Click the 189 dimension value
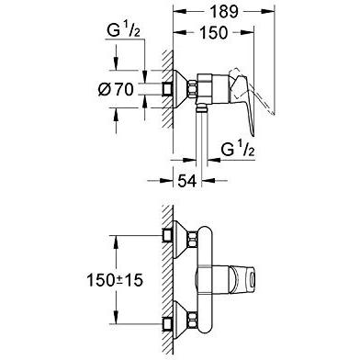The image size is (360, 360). pos(224,12)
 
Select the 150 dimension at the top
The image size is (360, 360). pos(213,32)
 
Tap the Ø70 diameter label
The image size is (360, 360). pos(116,90)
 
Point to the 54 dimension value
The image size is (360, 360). pos(186,181)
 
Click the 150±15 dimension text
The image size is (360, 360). pos(115,280)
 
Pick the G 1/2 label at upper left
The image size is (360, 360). pos(124,30)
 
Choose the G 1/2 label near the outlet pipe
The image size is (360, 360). pos(238,150)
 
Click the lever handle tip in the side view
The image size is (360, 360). pos(253,134)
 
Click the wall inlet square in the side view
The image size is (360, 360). pos(167,89)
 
